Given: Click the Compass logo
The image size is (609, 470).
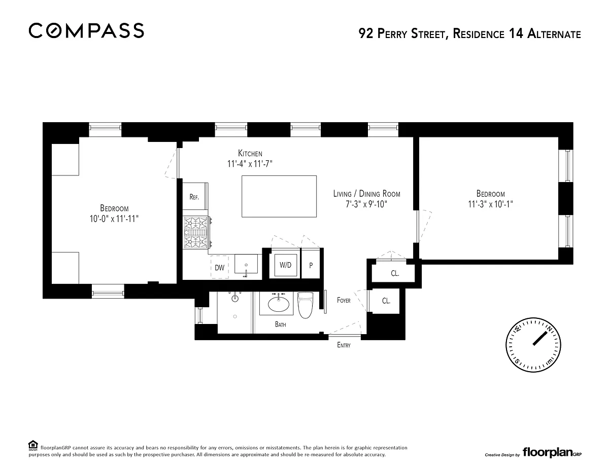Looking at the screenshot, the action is pyautogui.click(x=86, y=30).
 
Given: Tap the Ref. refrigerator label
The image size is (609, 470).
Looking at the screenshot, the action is pyautogui.click(x=194, y=197).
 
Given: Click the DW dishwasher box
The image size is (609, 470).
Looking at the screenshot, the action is pyautogui.click(x=220, y=268).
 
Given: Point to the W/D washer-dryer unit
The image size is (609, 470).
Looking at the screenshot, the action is pyautogui.click(x=285, y=265).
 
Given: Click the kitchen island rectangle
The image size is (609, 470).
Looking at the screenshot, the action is pyautogui.click(x=279, y=196).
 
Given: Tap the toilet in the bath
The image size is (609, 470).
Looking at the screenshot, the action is pyautogui.click(x=305, y=305).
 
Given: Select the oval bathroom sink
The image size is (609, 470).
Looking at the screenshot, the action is pyautogui.click(x=279, y=304).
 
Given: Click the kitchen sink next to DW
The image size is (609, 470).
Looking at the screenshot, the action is pyautogui.click(x=246, y=264).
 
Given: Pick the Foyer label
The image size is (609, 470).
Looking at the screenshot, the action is pyautogui.click(x=344, y=300).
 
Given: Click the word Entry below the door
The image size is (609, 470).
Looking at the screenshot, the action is pyautogui.click(x=344, y=345).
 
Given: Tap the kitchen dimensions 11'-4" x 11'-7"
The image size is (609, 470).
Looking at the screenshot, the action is pyautogui.click(x=250, y=164).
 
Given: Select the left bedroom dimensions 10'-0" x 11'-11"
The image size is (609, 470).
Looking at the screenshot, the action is pyautogui.click(x=114, y=219).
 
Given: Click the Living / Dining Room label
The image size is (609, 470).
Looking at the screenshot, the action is pyautogui.click(x=366, y=194).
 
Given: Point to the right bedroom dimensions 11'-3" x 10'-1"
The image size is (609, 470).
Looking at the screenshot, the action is pyautogui.click(x=490, y=204).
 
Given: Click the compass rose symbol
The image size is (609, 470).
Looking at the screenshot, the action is pyautogui.click(x=533, y=345).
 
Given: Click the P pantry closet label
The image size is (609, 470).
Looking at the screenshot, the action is pyautogui.click(x=311, y=265).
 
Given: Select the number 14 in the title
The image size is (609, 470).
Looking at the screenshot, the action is pyautogui.click(x=516, y=34).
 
